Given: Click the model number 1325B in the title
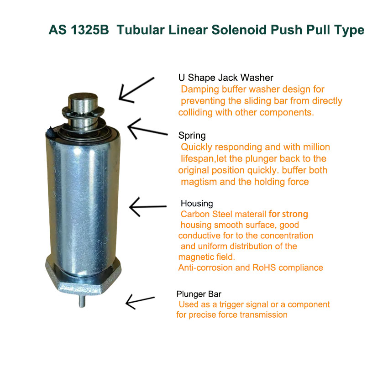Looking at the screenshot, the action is [x=89, y=30].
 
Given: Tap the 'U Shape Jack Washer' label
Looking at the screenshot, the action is [x=225, y=78].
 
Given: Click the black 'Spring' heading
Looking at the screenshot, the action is [x=192, y=136].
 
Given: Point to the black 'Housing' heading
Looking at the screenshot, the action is [x=197, y=204].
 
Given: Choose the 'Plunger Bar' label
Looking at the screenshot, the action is [x=199, y=294].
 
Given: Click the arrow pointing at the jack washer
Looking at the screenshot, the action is [x=136, y=90].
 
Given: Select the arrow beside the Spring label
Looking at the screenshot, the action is [x=147, y=129].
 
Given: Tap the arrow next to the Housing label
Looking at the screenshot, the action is [x=148, y=206].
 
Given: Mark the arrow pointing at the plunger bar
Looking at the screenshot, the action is [x=140, y=301].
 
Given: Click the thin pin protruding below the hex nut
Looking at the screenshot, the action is [x=82, y=301].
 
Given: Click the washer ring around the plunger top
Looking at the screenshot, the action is [x=83, y=112].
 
